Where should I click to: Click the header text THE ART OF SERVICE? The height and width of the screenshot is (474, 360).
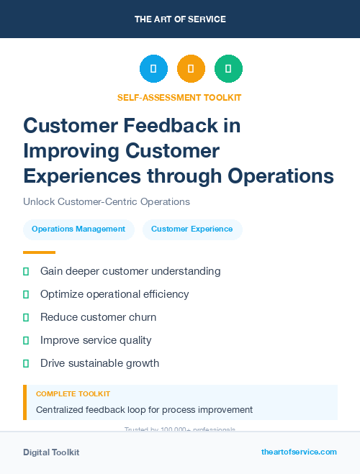(180, 19)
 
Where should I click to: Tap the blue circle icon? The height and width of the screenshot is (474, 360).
(153, 69)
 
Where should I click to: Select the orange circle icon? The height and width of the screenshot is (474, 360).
(191, 69)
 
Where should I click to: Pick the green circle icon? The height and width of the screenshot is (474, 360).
(228, 69)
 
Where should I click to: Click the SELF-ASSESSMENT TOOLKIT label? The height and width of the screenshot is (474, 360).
(179, 97)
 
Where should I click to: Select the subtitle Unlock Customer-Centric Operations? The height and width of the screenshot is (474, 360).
(107, 202)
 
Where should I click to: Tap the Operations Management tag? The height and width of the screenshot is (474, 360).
(78, 229)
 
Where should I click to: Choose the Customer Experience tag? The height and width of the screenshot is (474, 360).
(192, 229)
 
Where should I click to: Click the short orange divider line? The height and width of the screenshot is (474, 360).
(39, 252)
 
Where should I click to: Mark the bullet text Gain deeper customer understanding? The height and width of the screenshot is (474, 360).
(130, 271)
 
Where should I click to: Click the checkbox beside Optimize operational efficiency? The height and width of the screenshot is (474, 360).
(26, 294)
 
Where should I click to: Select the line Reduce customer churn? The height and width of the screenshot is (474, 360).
(98, 317)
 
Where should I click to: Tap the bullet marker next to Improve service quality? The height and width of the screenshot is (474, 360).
(26, 340)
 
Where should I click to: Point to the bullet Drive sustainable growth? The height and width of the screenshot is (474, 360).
(99, 363)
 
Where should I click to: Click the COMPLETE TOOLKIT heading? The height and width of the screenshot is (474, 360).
(73, 394)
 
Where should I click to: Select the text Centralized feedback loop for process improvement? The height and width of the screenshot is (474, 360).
(144, 410)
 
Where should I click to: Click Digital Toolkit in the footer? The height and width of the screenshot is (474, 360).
(51, 452)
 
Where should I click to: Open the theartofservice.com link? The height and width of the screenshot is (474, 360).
(299, 452)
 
